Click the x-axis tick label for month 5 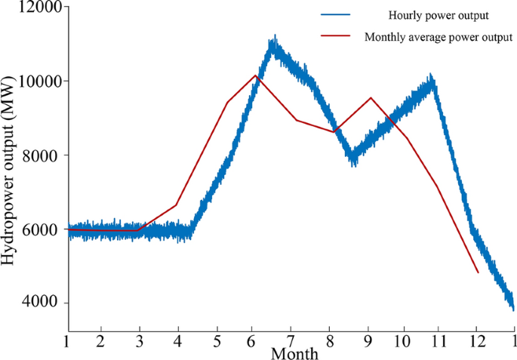[217, 342]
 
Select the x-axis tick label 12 [477, 342]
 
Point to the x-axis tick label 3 [138, 342]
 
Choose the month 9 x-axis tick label [368, 342]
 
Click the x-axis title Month [294, 353]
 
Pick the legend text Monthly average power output [439, 36]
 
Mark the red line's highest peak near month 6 [256, 75]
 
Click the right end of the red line [478, 272]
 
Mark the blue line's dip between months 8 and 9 [352, 162]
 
